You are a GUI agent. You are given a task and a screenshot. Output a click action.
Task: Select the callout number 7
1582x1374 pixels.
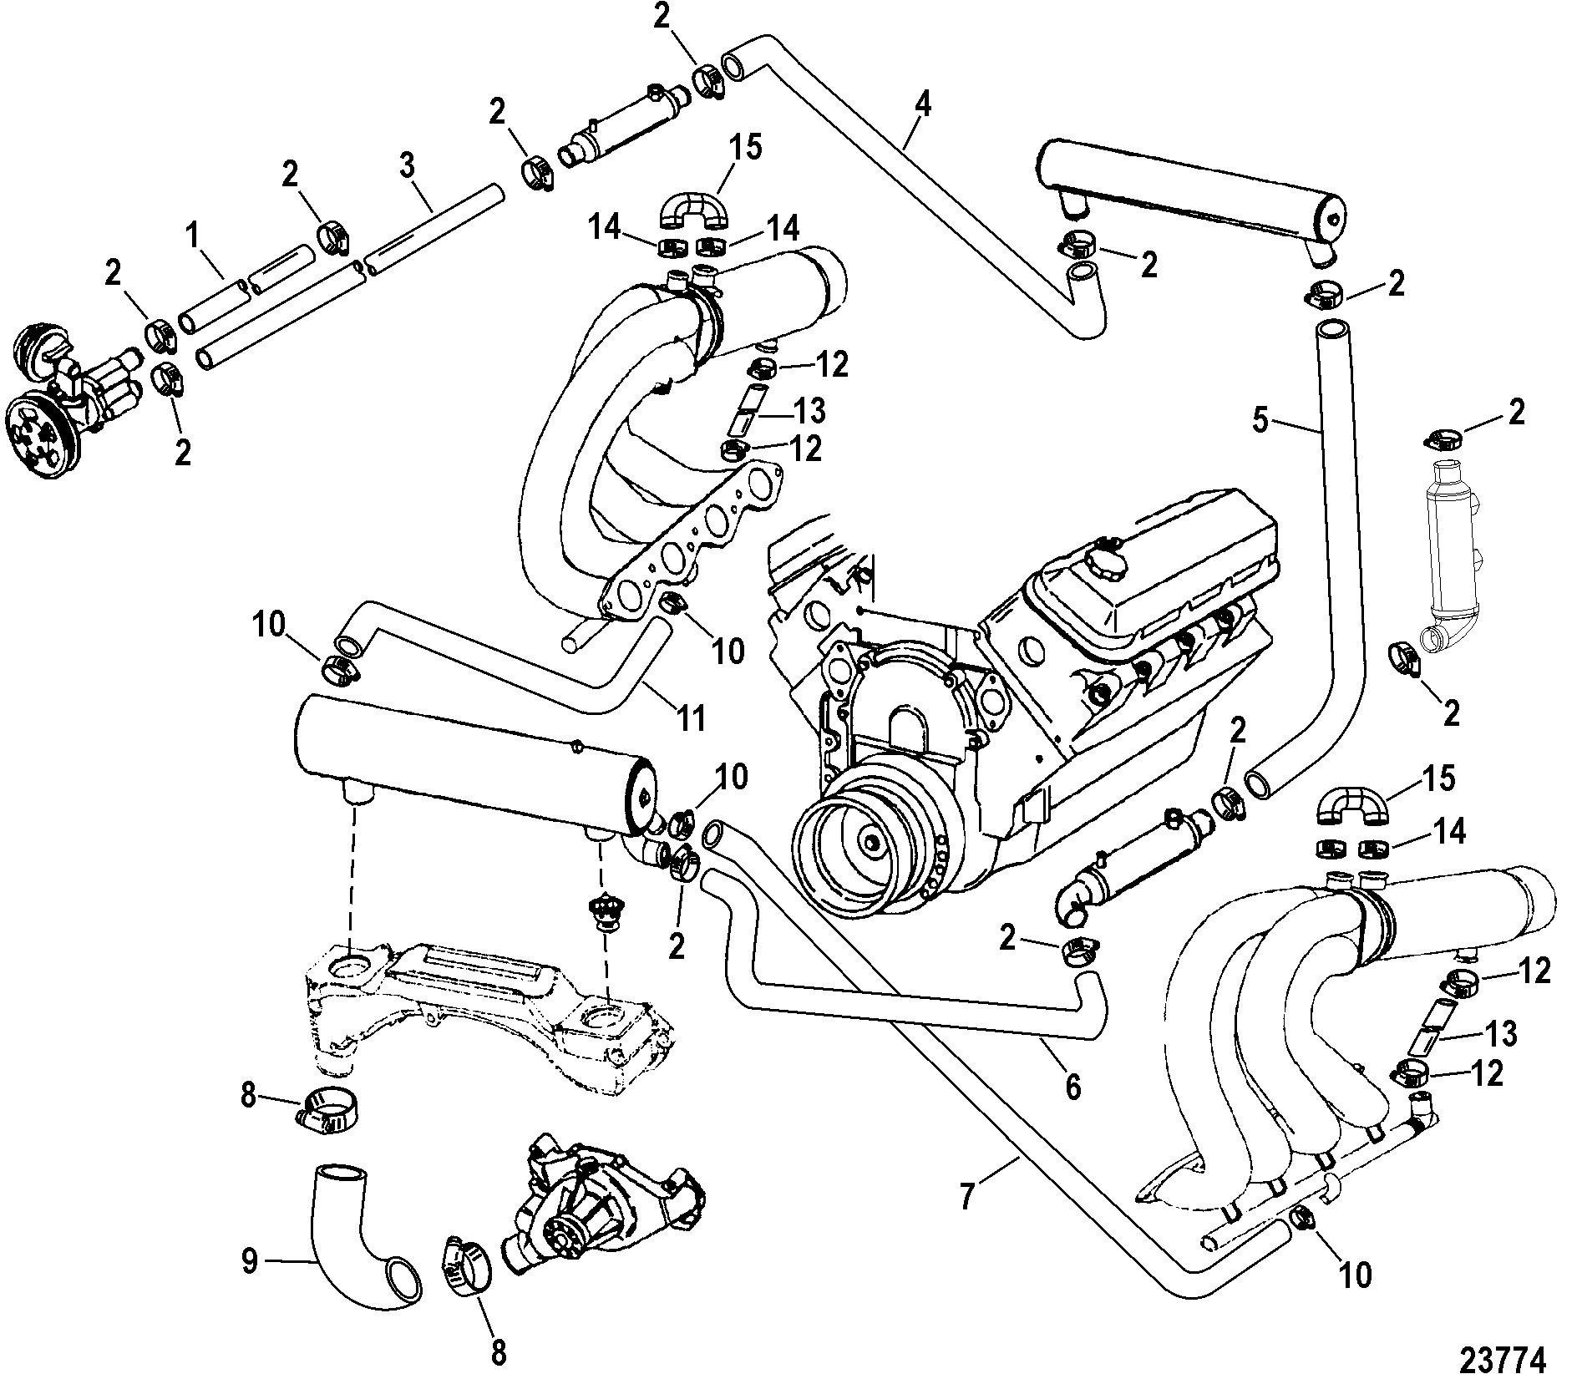pyautogui.click(x=966, y=1197)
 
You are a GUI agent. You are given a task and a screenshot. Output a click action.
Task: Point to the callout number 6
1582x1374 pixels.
pyautogui.click(x=1072, y=1087)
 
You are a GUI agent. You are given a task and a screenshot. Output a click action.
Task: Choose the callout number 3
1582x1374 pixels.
pyautogui.click(x=407, y=166)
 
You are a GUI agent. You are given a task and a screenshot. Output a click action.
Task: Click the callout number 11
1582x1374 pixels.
pyautogui.click(x=692, y=718)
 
